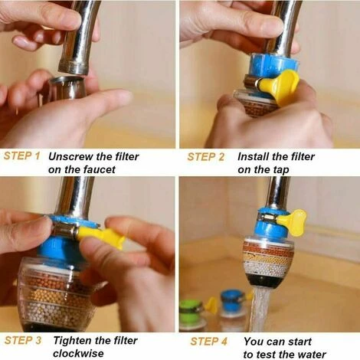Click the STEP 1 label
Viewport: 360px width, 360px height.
(22, 155)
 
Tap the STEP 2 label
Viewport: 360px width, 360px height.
(206, 157)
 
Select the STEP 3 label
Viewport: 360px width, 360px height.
(23, 340)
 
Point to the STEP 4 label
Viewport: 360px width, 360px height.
(208, 342)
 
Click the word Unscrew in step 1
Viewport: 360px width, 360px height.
(67, 156)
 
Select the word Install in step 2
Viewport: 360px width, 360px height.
(253, 156)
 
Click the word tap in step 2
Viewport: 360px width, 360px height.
(281, 170)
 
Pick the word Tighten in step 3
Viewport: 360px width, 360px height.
(73, 341)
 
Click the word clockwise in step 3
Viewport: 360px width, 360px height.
(78, 354)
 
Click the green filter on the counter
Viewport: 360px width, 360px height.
(192, 316)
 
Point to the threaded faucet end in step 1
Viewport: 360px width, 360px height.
(74, 67)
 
